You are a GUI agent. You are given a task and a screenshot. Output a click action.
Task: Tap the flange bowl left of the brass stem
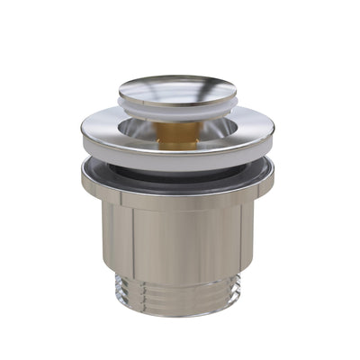click(x=135, y=130)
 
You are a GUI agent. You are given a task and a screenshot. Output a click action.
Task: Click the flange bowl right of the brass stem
click(x=220, y=130)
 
